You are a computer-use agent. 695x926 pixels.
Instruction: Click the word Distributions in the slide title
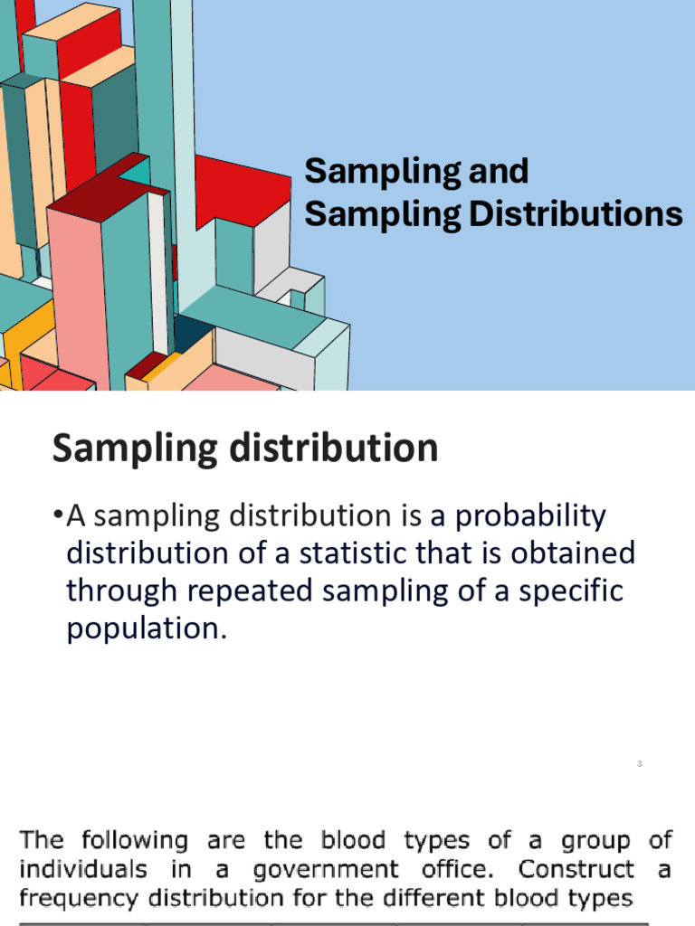576,215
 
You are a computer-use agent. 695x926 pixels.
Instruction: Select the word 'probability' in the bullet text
529,517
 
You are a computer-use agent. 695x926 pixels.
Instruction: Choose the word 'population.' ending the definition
145,628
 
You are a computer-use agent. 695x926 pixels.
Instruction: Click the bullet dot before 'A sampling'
58,516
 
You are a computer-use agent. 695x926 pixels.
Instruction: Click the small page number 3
639,765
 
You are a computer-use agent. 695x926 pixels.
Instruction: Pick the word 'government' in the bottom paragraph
326,871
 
